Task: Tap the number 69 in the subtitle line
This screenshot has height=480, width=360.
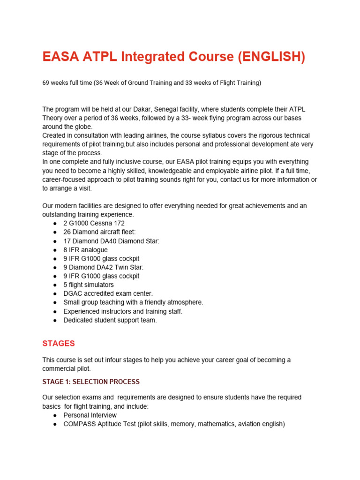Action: [46, 83]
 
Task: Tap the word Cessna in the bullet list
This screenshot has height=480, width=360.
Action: [101, 223]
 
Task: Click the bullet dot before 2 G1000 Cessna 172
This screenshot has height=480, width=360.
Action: [55, 224]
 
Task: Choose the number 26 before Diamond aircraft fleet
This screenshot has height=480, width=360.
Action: [67, 232]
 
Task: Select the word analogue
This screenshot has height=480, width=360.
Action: [94, 250]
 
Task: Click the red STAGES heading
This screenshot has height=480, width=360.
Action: [59, 343]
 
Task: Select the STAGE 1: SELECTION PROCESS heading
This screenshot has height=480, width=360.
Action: [91, 382]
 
